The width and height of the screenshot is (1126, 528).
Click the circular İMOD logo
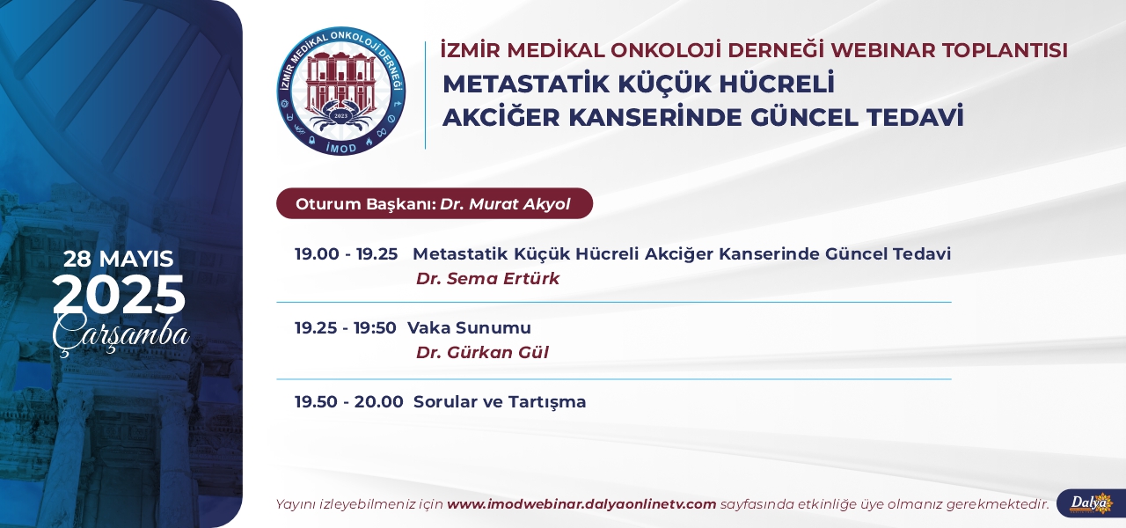coord(341,91)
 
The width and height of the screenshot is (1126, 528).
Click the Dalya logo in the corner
coord(1091,502)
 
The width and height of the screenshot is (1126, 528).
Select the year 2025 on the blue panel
coord(119,296)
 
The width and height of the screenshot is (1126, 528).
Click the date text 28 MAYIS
coord(119,259)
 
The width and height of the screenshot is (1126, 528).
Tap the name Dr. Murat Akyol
coord(505,203)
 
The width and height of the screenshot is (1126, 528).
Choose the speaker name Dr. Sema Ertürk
coord(487,279)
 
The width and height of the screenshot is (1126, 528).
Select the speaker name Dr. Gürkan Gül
coord(482,353)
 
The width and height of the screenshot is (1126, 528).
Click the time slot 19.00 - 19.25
coord(347,254)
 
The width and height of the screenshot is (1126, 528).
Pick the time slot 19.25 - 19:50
coord(346,328)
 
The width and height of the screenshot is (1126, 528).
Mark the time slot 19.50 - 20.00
coord(349,402)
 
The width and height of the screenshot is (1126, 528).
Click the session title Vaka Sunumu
coord(469,328)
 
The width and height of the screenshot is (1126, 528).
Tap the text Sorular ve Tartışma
coord(500,402)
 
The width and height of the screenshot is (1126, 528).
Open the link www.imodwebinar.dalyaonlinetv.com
coord(581,504)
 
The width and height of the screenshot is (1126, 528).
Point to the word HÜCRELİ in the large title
coord(777,84)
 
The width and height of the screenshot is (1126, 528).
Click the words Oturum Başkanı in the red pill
coord(365,204)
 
